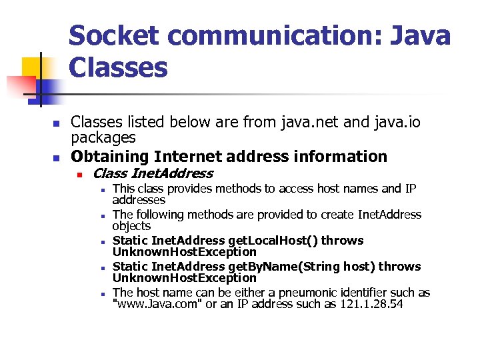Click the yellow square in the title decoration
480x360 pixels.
[33, 68]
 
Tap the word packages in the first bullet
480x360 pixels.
[103, 137]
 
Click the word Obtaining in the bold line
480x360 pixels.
[109, 157]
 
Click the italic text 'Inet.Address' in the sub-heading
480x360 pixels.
[172, 174]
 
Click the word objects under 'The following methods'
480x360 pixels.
[131, 226]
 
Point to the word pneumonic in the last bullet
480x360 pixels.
[289, 292]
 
